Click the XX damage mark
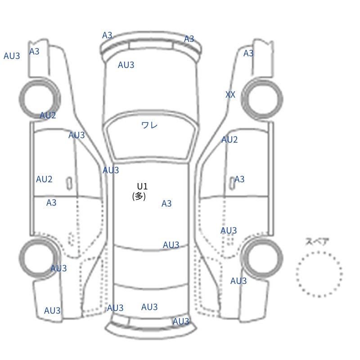tap(230, 94)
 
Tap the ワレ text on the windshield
tap(149, 125)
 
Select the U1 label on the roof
tap(142, 186)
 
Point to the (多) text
tap(139, 196)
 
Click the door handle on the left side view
tap(69, 184)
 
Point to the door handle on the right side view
tap(232, 183)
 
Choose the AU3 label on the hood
tap(126, 65)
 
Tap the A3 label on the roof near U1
tap(166, 203)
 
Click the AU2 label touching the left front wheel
tap(48, 115)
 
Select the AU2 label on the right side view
tap(229, 139)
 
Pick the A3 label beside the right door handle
tap(239, 179)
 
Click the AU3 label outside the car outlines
tap(12, 56)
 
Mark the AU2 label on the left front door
tap(44, 179)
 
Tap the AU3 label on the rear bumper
tap(181, 321)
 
